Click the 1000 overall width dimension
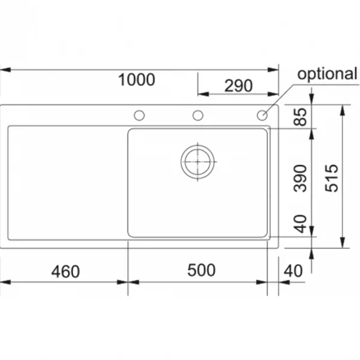click(x=137, y=80)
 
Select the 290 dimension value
click(x=238, y=86)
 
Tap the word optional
click(x=327, y=74)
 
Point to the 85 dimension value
click(x=301, y=117)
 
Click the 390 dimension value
click(x=301, y=178)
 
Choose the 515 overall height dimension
click(x=332, y=178)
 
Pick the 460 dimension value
click(x=65, y=272)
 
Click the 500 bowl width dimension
click(x=202, y=270)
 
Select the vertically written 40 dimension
click(x=301, y=224)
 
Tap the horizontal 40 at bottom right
click(x=293, y=271)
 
